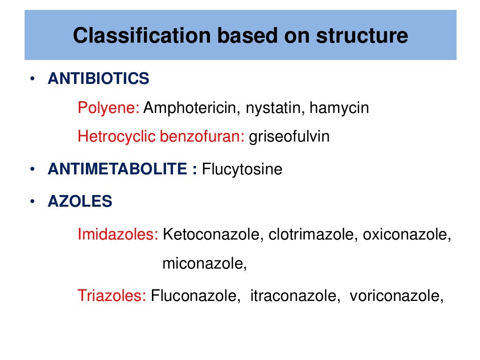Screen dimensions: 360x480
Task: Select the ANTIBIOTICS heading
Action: pos(98,79)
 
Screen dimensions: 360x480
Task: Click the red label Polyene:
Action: pos(108,108)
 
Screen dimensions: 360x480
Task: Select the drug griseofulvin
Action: pos(289,136)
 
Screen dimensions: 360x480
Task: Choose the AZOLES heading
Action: pos(80,202)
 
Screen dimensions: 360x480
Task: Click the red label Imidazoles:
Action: pos(118,235)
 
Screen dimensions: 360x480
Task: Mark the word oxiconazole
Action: pos(404,235)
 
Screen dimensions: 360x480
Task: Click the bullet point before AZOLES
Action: pos(31,202)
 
